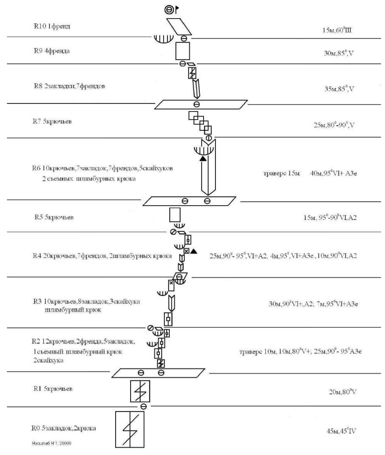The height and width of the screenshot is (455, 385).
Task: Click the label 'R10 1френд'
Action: (x=52, y=26)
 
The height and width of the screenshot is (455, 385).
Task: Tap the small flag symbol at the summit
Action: (x=177, y=9)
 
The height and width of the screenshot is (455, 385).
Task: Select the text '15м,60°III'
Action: (x=337, y=30)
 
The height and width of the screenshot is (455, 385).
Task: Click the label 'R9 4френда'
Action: (x=52, y=51)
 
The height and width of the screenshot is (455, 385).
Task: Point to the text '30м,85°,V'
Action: (x=339, y=53)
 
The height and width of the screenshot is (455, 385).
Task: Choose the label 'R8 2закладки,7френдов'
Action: (x=69, y=86)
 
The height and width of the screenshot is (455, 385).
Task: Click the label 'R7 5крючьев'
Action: (x=52, y=121)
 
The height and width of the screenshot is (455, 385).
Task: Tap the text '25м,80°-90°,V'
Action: (x=334, y=125)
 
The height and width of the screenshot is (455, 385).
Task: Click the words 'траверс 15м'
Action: (x=281, y=173)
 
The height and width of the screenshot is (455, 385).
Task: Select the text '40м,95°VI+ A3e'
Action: (x=333, y=173)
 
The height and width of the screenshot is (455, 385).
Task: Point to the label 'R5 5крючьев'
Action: (x=54, y=217)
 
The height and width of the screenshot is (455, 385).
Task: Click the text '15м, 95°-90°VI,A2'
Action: (x=330, y=217)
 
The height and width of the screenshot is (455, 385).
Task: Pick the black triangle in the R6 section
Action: (x=203, y=158)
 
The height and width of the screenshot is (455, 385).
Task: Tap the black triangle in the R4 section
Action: (x=194, y=251)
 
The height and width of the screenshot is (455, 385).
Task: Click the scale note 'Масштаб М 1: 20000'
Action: (x=52, y=443)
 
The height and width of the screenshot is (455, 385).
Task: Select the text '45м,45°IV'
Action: (x=341, y=431)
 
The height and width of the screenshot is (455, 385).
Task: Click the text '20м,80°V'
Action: (x=343, y=392)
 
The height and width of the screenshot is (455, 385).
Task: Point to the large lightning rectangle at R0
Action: (x=130, y=429)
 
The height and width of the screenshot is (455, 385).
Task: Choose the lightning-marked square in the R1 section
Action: (x=140, y=391)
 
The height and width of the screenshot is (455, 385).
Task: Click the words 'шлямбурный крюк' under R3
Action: (x=73, y=310)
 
